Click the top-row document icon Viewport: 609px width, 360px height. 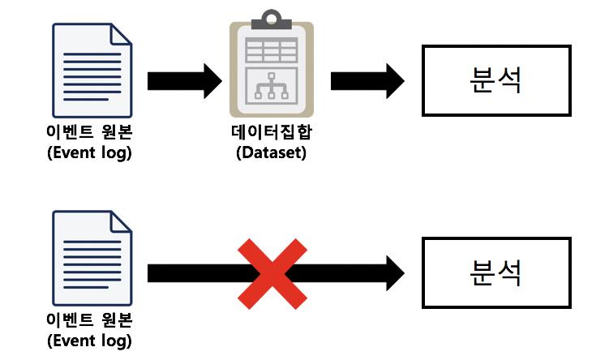point(91,71)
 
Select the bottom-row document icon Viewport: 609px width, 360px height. point(91,259)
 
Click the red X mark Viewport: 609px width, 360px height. point(272,274)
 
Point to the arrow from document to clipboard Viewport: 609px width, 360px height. point(183,81)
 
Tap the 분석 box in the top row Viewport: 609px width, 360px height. point(495,79)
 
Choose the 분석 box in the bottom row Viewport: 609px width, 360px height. point(495,272)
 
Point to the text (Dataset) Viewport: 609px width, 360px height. point(272,152)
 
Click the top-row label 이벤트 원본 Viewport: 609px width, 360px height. point(89,132)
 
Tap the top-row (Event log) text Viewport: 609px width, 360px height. point(89,152)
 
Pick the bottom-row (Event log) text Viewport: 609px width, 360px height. point(89,340)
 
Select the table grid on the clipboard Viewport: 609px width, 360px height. point(272,50)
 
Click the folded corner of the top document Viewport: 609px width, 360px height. point(121,33)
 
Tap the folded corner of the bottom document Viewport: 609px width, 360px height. point(121,221)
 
